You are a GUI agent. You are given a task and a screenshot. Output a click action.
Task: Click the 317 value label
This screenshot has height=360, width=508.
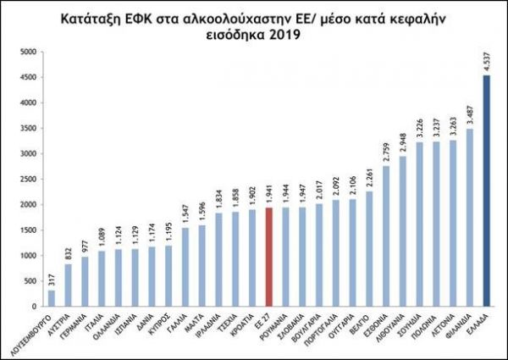tap(52, 280)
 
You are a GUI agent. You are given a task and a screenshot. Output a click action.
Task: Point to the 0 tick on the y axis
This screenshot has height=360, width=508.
tap(31, 306)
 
